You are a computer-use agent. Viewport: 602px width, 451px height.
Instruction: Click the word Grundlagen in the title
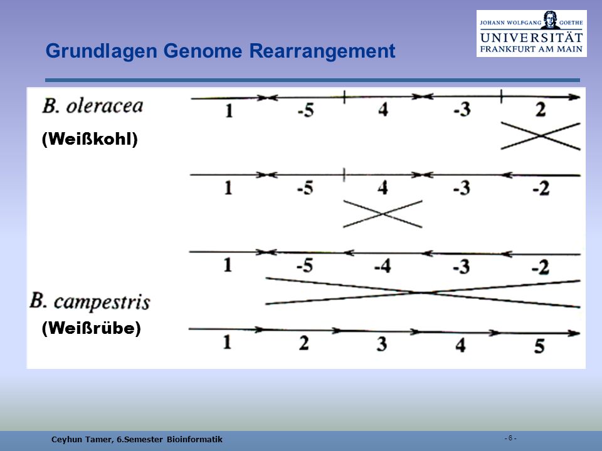pos(102,51)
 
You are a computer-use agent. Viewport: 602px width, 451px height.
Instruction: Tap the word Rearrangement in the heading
pos(322,51)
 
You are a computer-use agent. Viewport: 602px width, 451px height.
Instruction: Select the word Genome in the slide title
pos(203,51)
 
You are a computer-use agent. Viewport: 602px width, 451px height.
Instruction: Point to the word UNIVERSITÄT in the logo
pos(531,38)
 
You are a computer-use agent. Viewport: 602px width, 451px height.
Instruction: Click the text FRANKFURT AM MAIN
pos(531,49)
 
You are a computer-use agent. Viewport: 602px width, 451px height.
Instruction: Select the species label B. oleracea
pos(93,106)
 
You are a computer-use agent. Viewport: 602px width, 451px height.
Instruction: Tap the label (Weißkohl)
pos(90,139)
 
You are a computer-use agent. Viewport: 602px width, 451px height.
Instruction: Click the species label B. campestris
pos(90,301)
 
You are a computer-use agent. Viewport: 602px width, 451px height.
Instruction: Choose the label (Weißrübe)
pos(92,328)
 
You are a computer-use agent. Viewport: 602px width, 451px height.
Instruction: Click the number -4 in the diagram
pos(383,266)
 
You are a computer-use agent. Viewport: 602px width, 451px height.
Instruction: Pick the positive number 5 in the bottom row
pos(539,346)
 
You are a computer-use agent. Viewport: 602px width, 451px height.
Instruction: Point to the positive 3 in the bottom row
pos(381,344)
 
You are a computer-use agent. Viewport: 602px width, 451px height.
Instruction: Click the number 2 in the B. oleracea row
pos(541,110)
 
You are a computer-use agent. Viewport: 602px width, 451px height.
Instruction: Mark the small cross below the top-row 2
pos(541,136)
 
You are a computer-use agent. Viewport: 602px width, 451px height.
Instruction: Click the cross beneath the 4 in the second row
pos(383,214)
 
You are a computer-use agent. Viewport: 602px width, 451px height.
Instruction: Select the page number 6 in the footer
pos(510,438)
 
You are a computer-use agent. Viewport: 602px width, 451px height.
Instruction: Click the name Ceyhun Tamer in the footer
pos(83,440)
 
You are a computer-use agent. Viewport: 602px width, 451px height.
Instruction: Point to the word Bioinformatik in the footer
pos(194,440)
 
